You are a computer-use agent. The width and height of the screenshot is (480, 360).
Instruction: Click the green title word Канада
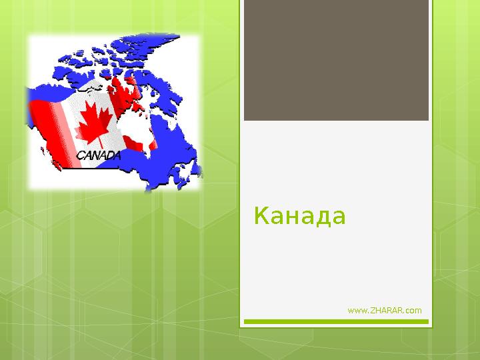[300, 216]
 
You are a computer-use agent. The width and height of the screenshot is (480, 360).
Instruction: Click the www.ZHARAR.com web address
[385, 311]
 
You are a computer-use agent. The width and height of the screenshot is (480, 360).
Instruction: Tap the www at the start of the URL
[356, 311]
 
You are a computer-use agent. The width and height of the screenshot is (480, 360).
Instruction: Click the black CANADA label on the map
[99, 155]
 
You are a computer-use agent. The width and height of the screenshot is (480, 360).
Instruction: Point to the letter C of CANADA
[81, 156]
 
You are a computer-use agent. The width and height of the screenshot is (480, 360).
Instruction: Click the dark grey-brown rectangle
[336, 60]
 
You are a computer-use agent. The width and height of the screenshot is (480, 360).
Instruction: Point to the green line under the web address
[336, 321]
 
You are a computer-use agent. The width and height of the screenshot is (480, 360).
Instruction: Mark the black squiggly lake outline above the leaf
[90, 89]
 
